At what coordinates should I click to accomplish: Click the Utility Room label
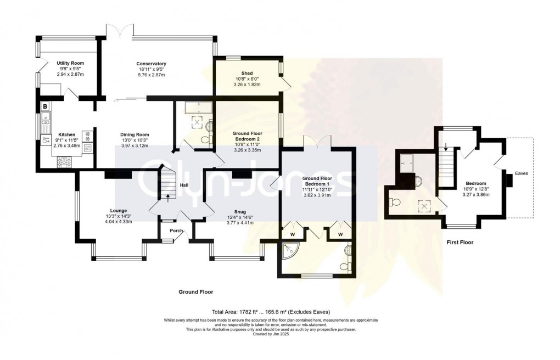coord(69,64)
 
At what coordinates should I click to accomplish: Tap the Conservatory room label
coord(151,64)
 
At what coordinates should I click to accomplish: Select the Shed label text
coord(247,74)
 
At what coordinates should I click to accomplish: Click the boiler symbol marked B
coord(45,106)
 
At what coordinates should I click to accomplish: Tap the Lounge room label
coord(118,210)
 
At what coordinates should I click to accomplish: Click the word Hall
coord(184,185)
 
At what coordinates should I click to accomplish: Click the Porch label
coord(176,230)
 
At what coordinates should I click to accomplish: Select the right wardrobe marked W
coord(340,234)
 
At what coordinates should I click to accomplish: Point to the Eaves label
coord(522,173)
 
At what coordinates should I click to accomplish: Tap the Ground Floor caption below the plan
coord(195,292)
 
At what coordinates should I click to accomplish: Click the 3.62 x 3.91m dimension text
coord(318,195)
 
